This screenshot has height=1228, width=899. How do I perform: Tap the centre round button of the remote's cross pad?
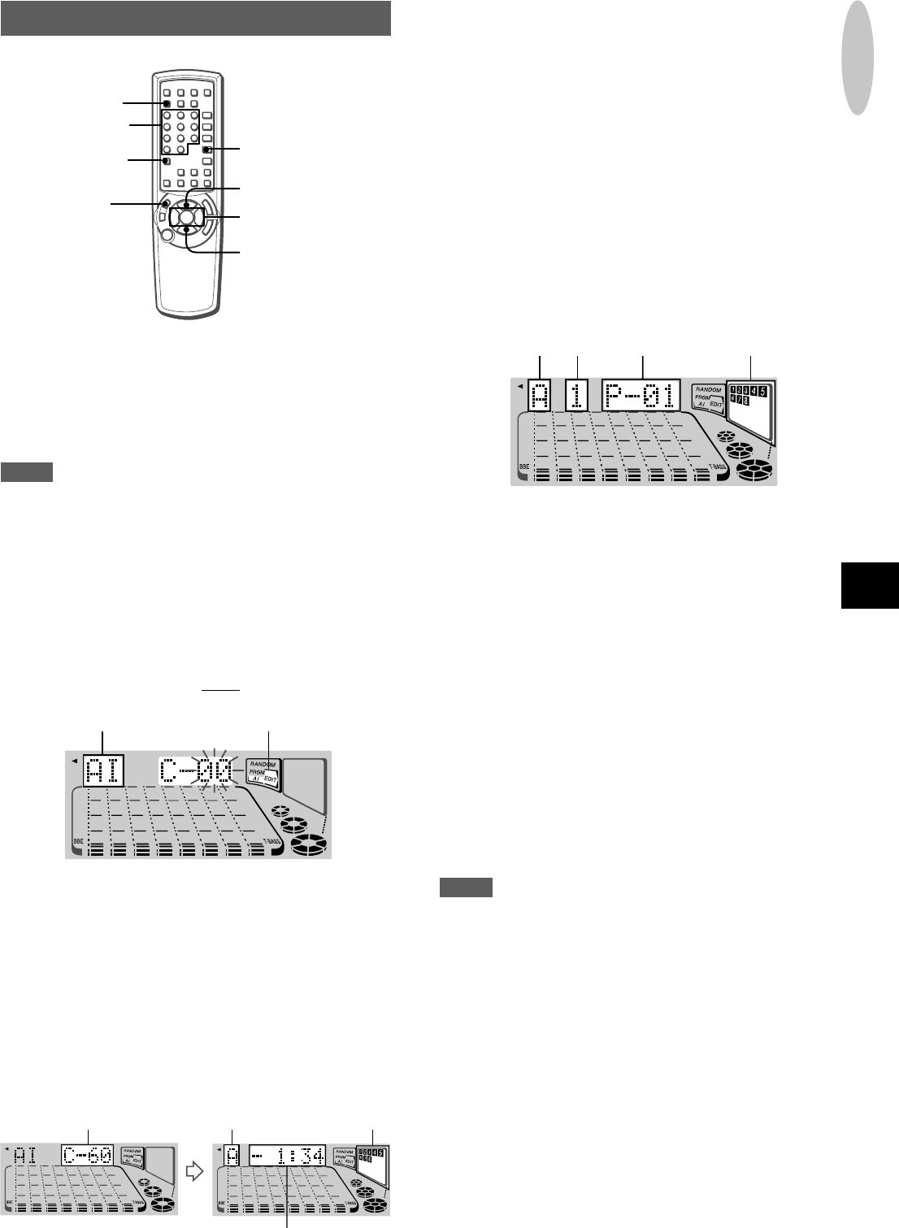click(187, 217)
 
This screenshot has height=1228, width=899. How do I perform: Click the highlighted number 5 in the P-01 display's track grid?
click(762, 391)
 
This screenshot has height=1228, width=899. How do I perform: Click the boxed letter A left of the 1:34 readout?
click(232, 1156)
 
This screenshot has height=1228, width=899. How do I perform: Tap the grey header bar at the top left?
click(196, 18)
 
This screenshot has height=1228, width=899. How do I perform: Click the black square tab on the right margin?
click(870, 584)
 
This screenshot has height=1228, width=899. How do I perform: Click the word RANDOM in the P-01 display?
click(709, 389)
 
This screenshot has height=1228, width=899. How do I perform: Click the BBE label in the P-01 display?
click(523, 467)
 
